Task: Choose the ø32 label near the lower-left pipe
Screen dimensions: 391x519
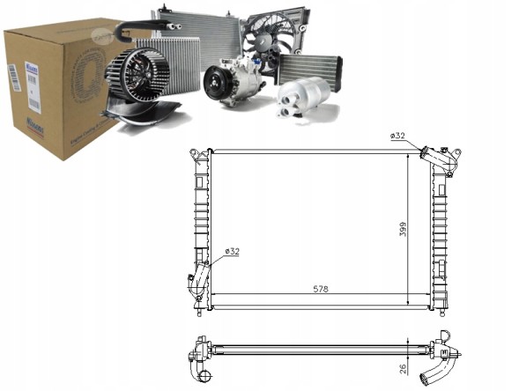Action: tap(233, 252)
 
